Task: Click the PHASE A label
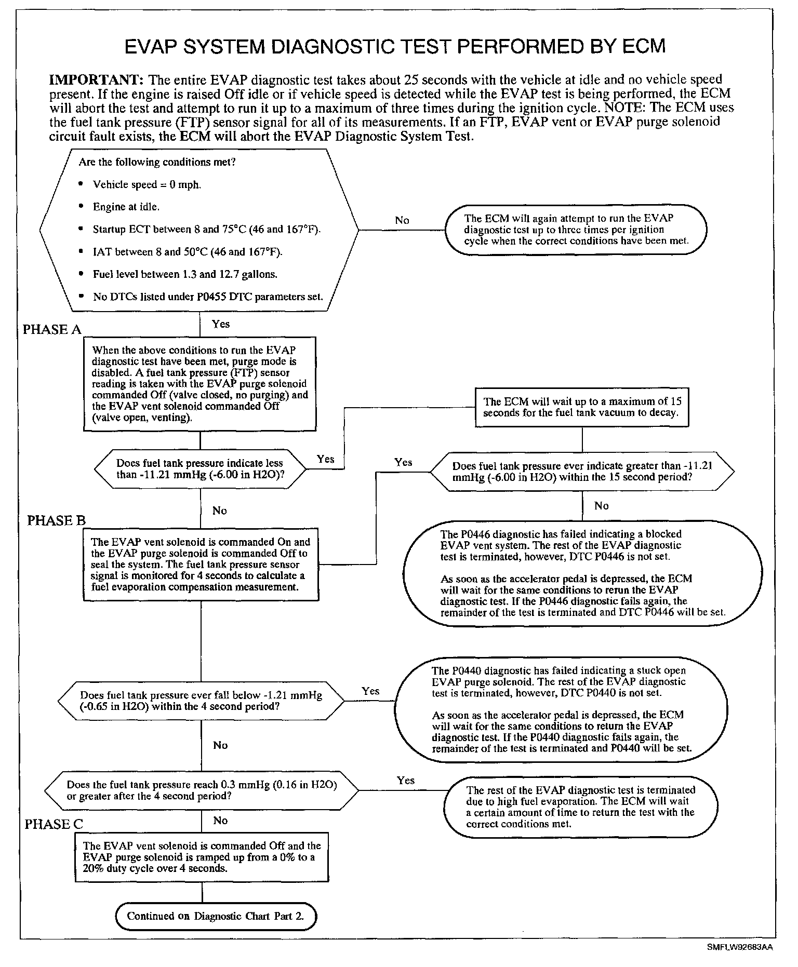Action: pyautogui.click(x=52, y=330)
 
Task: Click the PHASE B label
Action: pyautogui.click(x=56, y=521)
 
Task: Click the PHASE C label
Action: pyautogui.click(x=54, y=824)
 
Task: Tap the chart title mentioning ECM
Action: pyautogui.click(x=395, y=46)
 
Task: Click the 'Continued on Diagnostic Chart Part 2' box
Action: pyautogui.click(x=216, y=916)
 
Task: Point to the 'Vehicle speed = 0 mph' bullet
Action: pyautogui.click(x=147, y=185)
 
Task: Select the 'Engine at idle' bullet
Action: pyautogui.click(x=126, y=207)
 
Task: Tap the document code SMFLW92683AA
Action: pyautogui.click(x=739, y=947)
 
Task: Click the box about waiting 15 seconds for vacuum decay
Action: pyautogui.click(x=582, y=408)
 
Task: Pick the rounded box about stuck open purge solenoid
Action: pyautogui.click(x=562, y=709)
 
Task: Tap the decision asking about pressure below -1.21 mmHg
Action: pyautogui.click(x=201, y=701)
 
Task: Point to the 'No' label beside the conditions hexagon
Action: pyautogui.click(x=402, y=220)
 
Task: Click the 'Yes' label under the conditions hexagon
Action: pyautogui.click(x=221, y=324)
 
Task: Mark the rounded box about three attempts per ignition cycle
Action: pyautogui.click(x=576, y=230)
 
